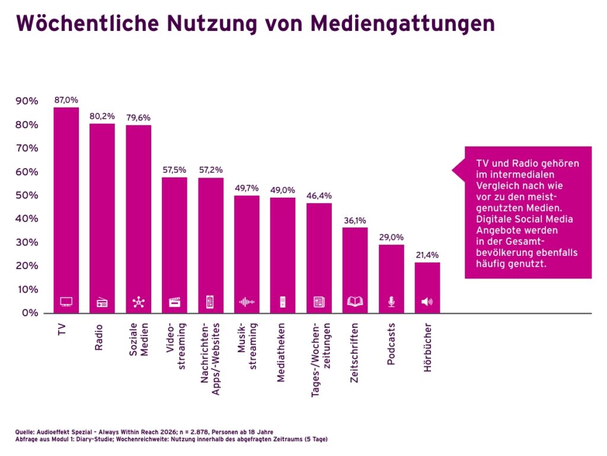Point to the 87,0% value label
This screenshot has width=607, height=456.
tap(66, 100)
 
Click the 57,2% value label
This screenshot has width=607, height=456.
tap(210, 170)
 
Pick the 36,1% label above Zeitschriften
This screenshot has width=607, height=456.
tap(355, 221)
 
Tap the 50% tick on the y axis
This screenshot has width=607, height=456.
tap(26, 195)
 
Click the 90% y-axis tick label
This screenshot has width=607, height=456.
tap(26, 102)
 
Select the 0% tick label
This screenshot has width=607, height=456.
tap(29, 313)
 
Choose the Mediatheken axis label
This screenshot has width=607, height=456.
tap(282, 352)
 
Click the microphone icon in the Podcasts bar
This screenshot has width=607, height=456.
tap(391, 302)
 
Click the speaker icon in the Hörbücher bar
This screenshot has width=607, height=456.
tap(427, 302)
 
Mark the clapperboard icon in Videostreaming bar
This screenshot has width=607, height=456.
tap(174, 302)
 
